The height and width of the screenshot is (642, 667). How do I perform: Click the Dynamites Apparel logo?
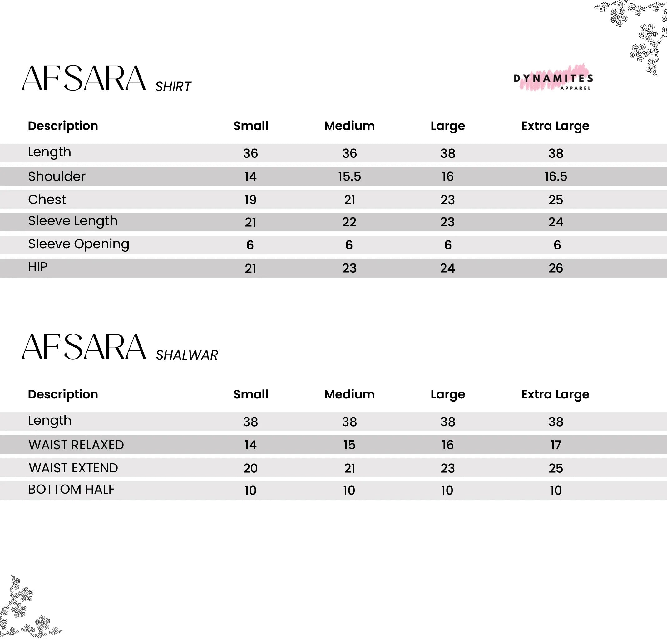pyautogui.click(x=553, y=79)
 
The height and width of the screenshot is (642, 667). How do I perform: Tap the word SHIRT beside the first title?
pyautogui.click(x=173, y=87)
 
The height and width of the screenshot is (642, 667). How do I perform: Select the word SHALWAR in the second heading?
pyautogui.click(x=187, y=355)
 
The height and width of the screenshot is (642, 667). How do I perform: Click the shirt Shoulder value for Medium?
pyautogui.click(x=349, y=176)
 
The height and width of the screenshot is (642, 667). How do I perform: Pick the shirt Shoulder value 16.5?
pyautogui.click(x=556, y=176)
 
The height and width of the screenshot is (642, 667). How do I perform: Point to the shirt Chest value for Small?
pyautogui.click(x=250, y=200)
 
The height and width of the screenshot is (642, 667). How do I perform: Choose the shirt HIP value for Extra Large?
pyautogui.click(x=556, y=268)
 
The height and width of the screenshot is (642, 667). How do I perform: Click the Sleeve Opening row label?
pyautogui.click(x=79, y=244)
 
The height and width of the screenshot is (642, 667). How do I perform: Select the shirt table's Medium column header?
pyautogui.click(x=349, y=126)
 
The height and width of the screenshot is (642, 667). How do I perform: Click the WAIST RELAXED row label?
pyautogui.click(x=76, y=445)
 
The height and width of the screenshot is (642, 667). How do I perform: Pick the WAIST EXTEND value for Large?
pyautogui.click(x=447, y=468)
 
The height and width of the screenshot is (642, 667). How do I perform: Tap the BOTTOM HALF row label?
pyautogui.click(x=72, y=490)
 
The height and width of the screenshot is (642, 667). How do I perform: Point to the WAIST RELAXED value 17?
pyautogui.click(x=556, y=445)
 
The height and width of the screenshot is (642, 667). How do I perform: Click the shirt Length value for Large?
pyautogui.click(x=447, y=154)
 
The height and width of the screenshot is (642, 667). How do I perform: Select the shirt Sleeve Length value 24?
pyautogui.click(x=556, y=222)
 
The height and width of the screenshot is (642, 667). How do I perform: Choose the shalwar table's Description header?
pyautogui.click(x=63, y=394)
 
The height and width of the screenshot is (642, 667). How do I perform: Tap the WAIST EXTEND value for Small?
pyautogui.click(x=250, y=468)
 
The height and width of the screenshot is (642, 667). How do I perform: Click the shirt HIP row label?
pyautogui.click(x=37, y=267)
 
